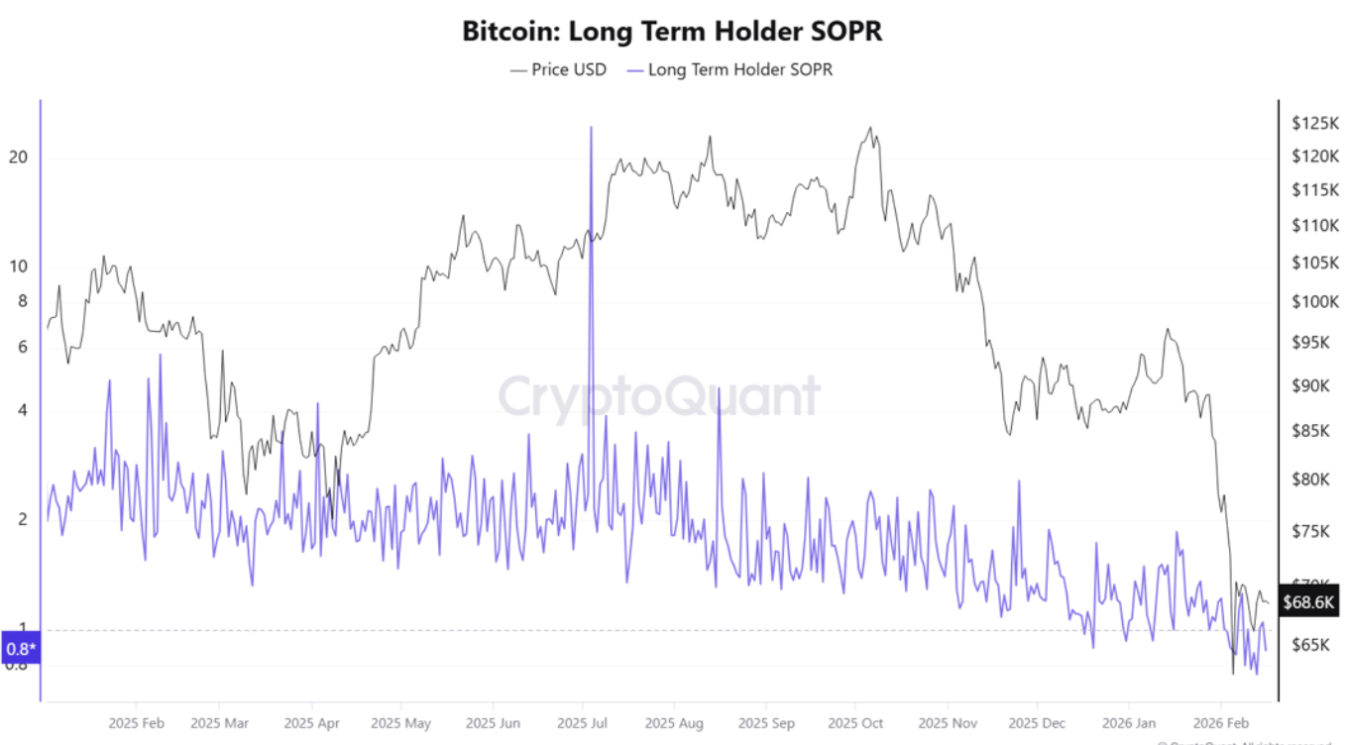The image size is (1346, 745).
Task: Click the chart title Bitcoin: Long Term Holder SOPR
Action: [x=672, y=31]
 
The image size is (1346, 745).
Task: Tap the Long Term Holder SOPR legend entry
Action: [x=740, y=69]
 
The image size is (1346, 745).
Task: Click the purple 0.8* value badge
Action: [x=21, y=649]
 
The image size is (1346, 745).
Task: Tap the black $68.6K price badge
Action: [x=1309, y=601]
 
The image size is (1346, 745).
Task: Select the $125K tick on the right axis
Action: [x=1315, y=123]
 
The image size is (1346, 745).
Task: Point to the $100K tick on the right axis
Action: [x=1315, y=301]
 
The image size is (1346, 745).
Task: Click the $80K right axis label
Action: [x=1313, y=479]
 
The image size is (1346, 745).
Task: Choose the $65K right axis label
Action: [x=1313, y=644]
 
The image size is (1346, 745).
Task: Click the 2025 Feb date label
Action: [x=137, y=723]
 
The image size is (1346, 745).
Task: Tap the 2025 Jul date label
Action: [x=583, y=723]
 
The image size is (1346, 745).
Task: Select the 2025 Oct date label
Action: [x=855, y=723]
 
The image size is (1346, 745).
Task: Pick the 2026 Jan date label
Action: [x=1129, y=723]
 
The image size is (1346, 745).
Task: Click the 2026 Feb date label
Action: [x=1220, y=723]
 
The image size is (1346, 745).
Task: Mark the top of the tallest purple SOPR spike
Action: [x=591, y=128]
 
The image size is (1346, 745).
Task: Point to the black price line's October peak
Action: [x=870, y=128]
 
